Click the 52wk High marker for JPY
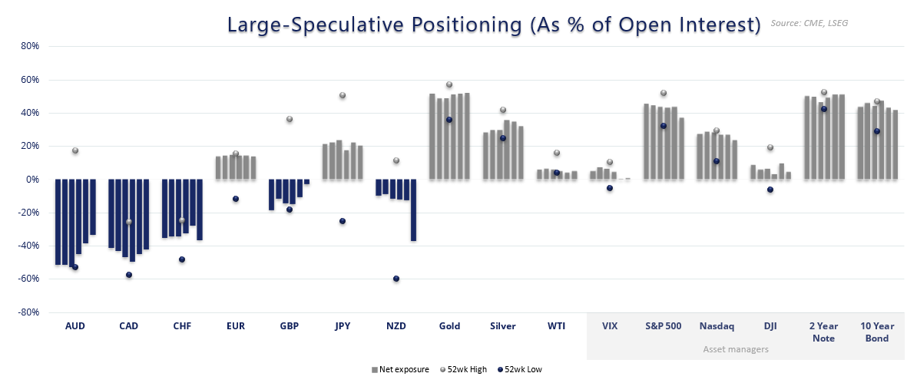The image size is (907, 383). [343, 95]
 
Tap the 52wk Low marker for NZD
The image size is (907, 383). [396, 279]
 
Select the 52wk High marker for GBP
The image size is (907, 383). [290, 119]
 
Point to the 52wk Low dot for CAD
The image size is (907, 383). [129, 275]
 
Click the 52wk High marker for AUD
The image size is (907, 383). [75, 150]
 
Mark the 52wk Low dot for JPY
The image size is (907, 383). [343, 221]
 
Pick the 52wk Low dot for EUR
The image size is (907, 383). [236, 199]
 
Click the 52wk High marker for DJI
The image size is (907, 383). [770, 147]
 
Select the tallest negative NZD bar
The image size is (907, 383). [413, 210]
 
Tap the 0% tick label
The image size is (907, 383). [32, 180]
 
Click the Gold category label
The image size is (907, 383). [449, 325]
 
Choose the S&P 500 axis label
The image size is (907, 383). [663, 325]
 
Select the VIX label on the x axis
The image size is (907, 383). [610, 325]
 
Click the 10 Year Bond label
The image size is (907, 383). [877, 332]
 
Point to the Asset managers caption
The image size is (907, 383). [736, 349]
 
